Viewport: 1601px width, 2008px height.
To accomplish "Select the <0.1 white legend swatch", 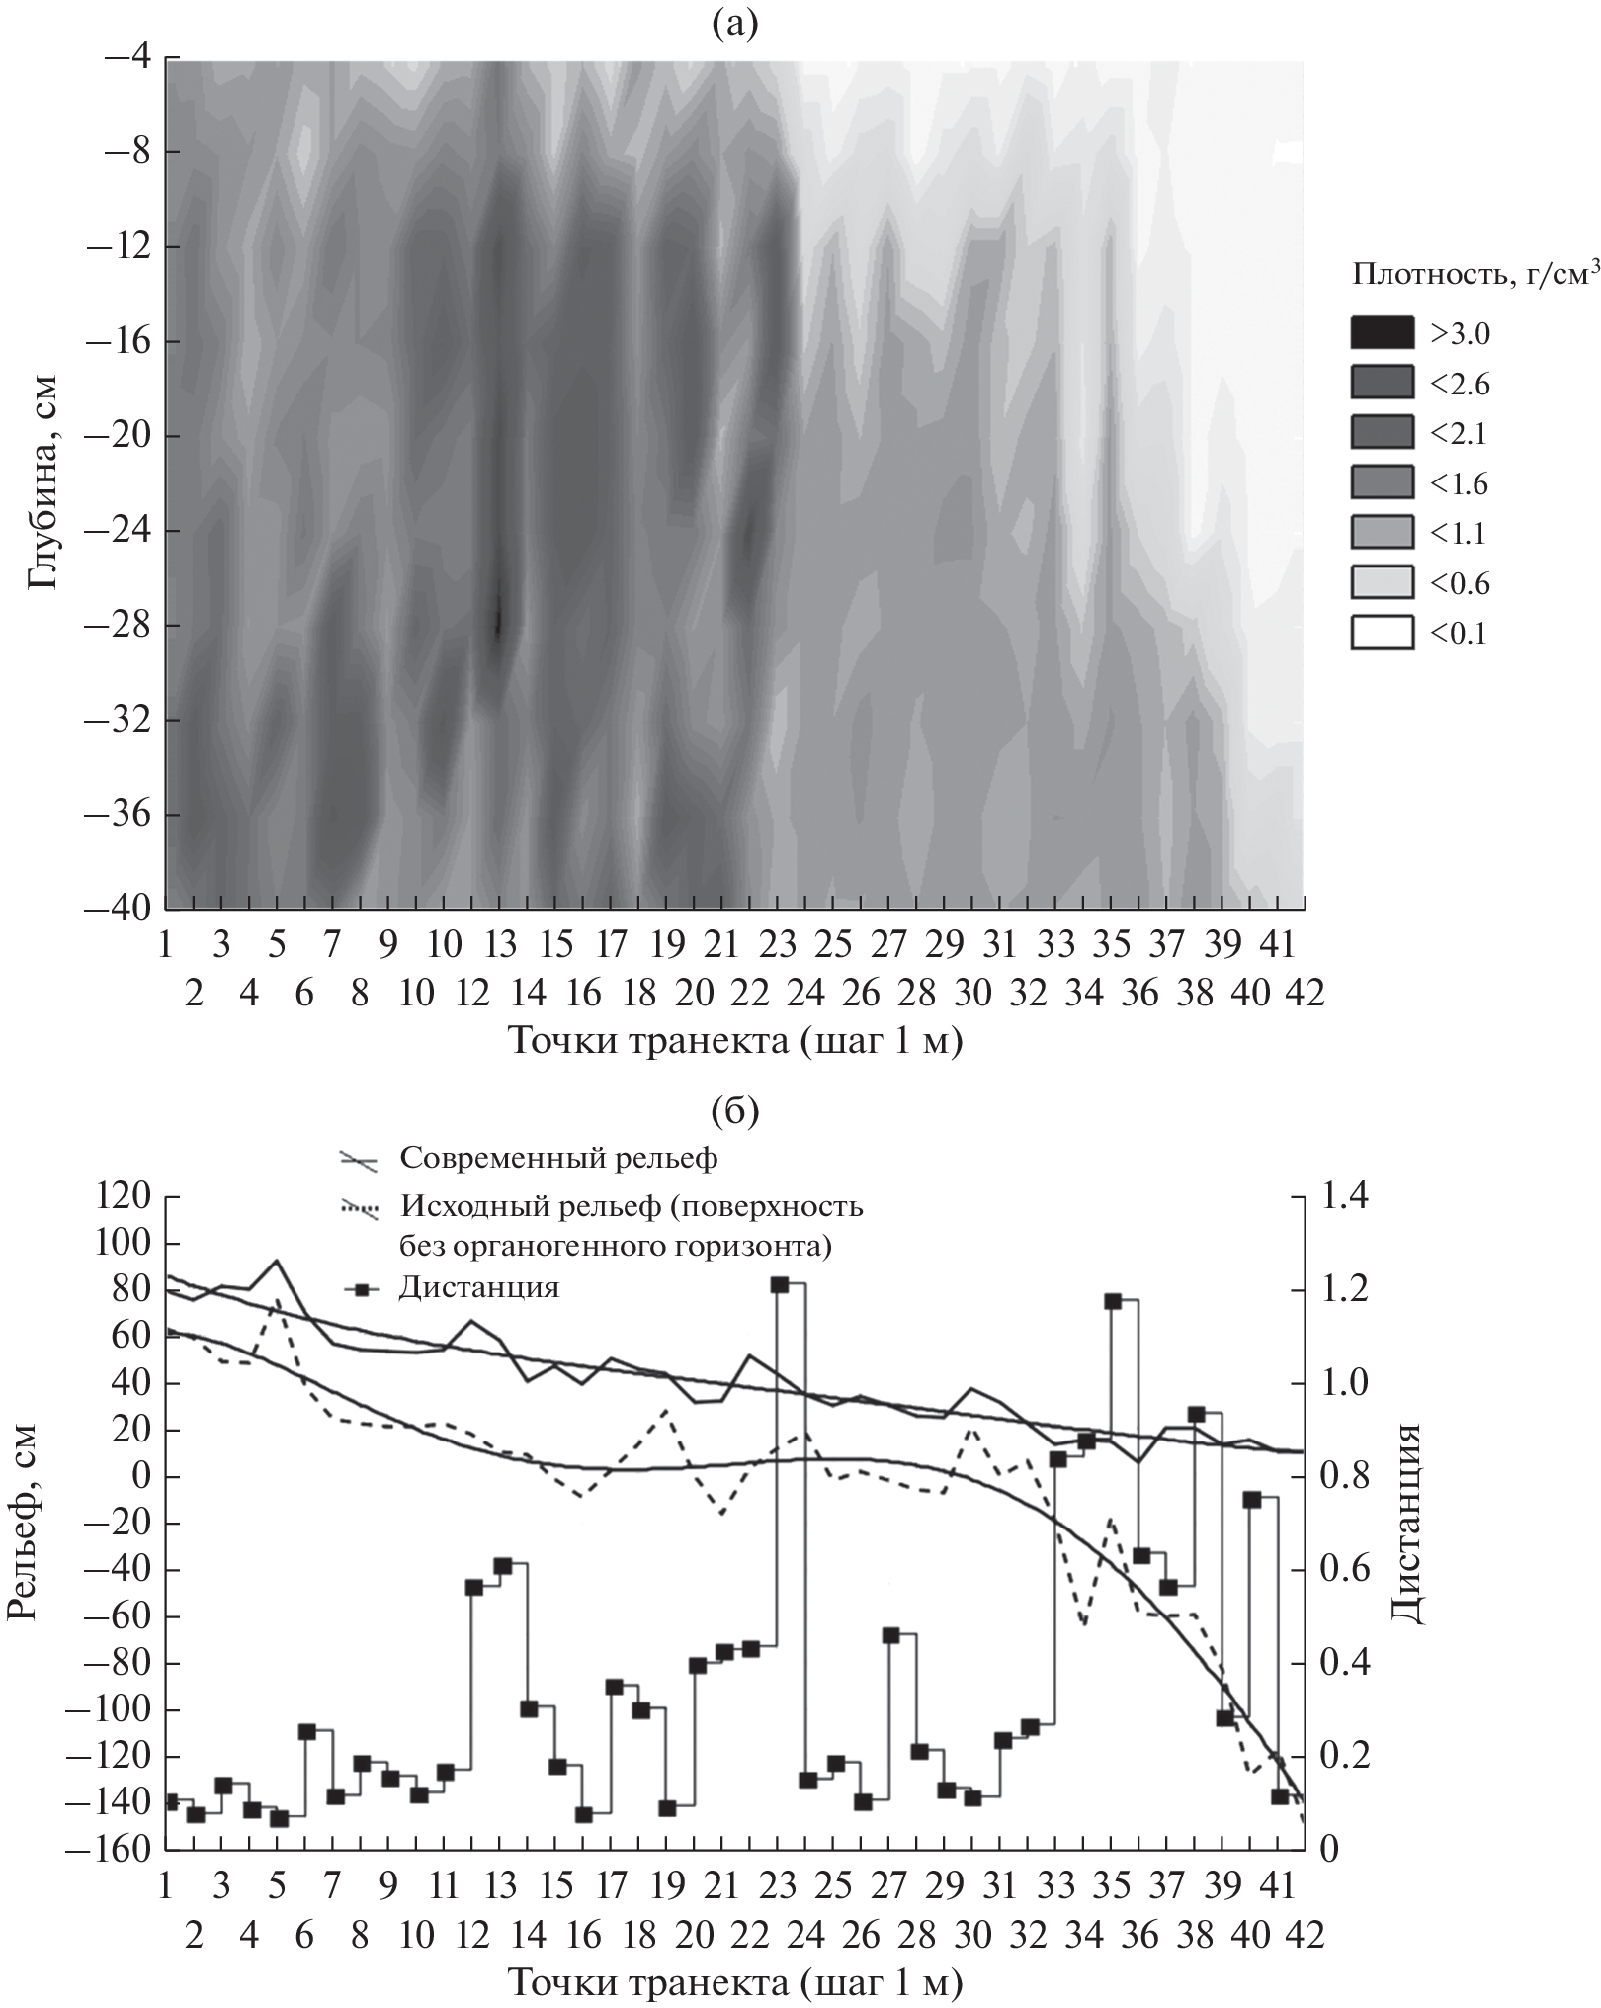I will point(1382,632).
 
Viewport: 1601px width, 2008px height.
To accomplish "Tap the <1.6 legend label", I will point(1458,484).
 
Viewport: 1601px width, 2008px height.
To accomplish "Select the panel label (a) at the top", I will point(734,23).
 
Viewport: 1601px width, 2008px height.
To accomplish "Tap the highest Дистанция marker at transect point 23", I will point(779,1284).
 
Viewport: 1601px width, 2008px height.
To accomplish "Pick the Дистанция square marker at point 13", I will point(502,1566).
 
